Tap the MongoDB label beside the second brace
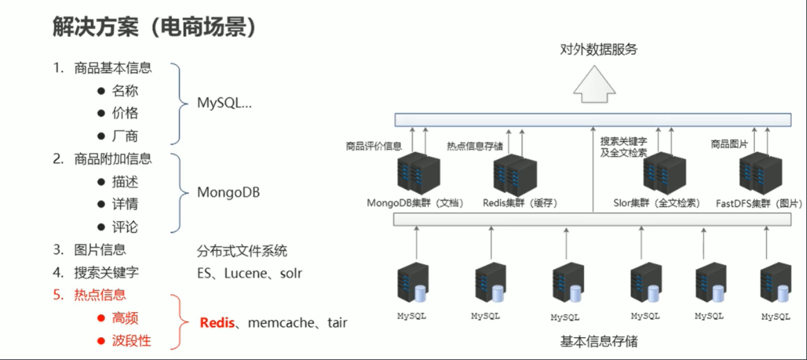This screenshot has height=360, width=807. pyautogui.click(x=228, y=192)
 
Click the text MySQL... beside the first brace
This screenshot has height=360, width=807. pyautogui.click(x=224, y=103)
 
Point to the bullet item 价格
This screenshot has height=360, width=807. pyautogui.click(x=125, y=113)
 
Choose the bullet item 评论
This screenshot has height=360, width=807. pyautogui.click(x=125, y=227)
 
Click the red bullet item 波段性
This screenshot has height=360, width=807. pyautogui.click(x=131, y=341)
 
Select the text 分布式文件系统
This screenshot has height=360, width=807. pyautogui.click(x=242, y=250)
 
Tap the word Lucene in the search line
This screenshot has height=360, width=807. pyautogui.click(x=245, y=273)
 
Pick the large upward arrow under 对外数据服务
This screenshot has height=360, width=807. pyautogui.click(x=594, y=84)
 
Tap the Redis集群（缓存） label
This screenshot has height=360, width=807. pyautogui.click(x=519, y=204)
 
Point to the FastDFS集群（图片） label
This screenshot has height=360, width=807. pyautogui.click(x=753, y=204)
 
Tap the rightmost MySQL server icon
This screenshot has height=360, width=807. pyautogui.click(x=775, y=284)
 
